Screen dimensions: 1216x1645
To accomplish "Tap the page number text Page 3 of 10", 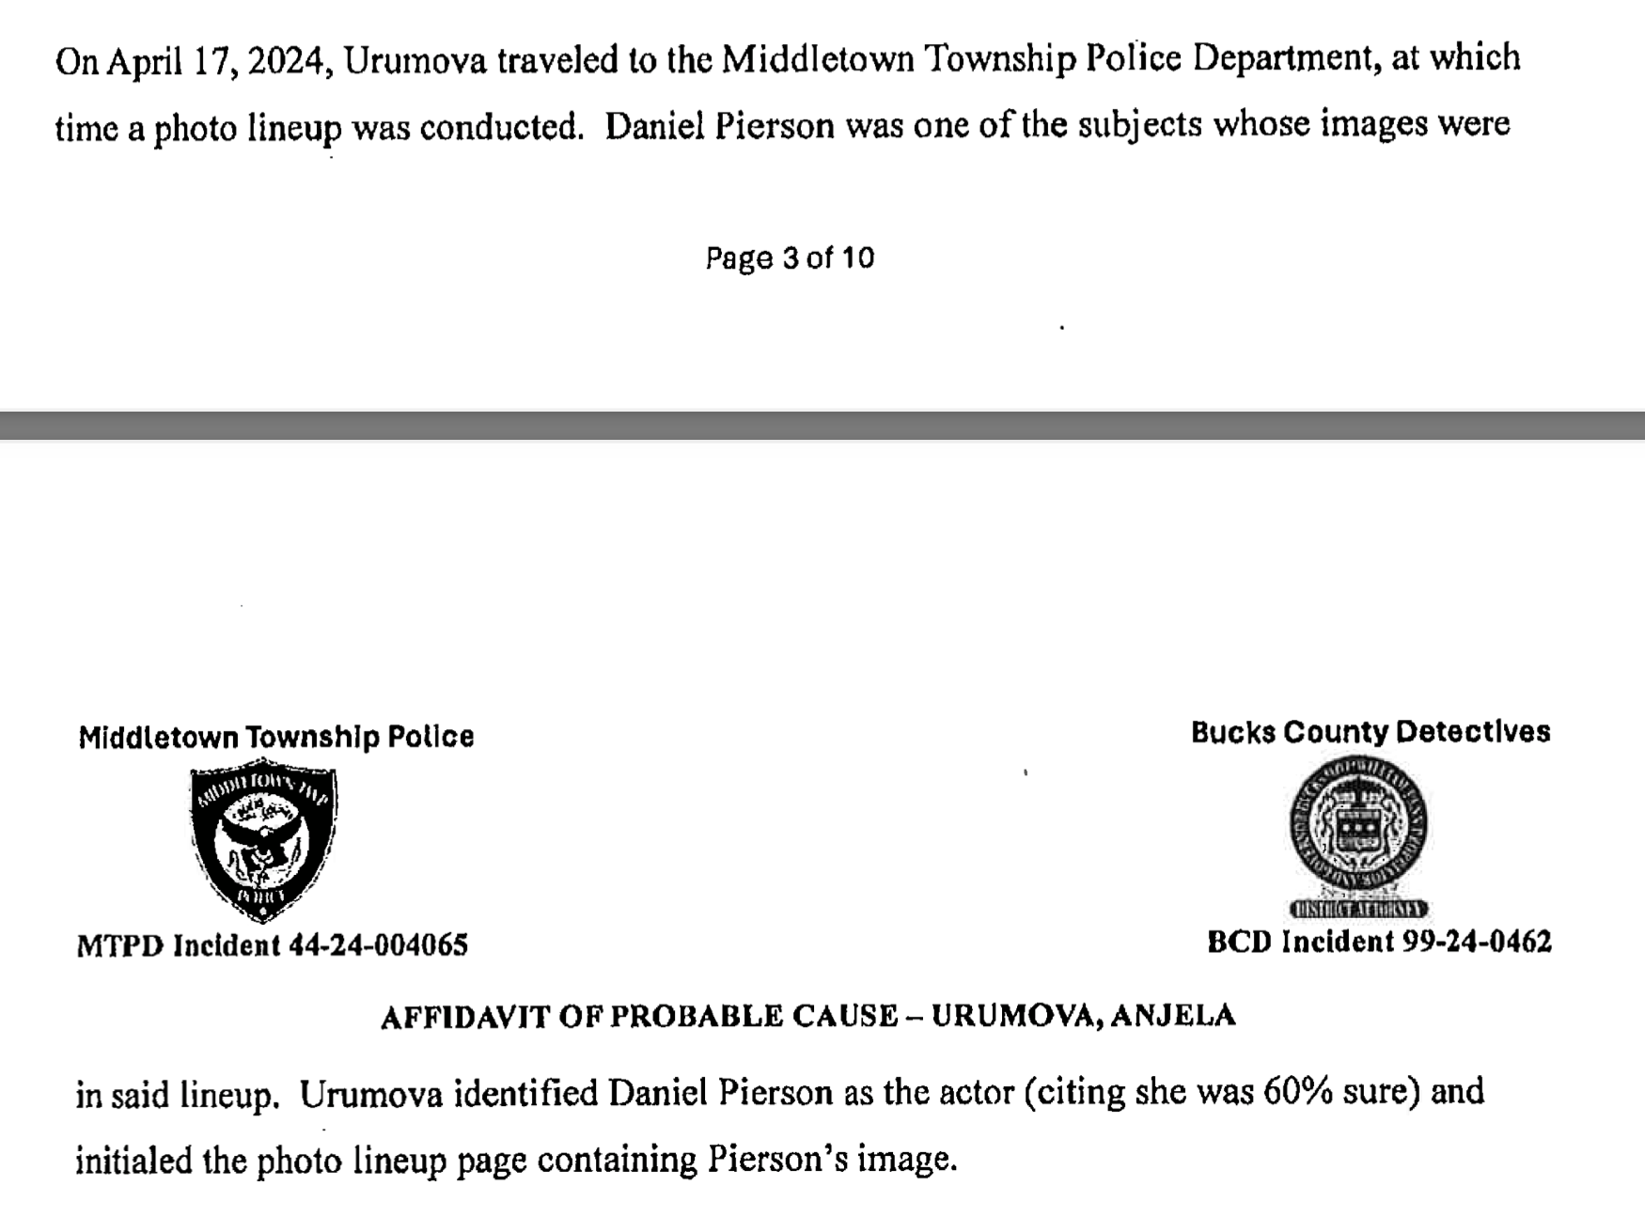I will [x=790, y=258].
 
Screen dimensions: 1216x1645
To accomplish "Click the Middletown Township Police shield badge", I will [x=264, y=839].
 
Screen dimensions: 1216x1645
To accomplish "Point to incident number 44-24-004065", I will [x=378, y=945].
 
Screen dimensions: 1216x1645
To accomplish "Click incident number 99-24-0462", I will [x=1477, y=943].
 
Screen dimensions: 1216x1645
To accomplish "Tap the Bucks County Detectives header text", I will [x=1370, y=732].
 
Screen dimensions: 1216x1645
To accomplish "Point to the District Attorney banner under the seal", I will [x=1359, y=909].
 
